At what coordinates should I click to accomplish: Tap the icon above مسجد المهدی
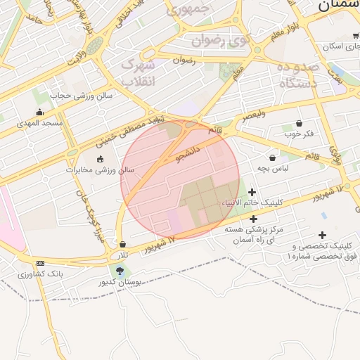pos(39,111)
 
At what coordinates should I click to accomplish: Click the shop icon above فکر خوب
pos(299,123)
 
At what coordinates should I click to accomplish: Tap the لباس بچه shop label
pos(272,168)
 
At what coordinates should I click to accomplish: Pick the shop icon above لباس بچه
pos(272,157)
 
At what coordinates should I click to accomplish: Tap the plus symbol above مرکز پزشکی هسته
pos(253,219)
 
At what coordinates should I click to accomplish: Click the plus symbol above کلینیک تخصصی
pos(322,236)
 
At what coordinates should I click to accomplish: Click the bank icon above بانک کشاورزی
pos(39,262)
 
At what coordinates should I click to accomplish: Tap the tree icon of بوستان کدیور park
pos(120,270)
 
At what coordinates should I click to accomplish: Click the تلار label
pos(123,254)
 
